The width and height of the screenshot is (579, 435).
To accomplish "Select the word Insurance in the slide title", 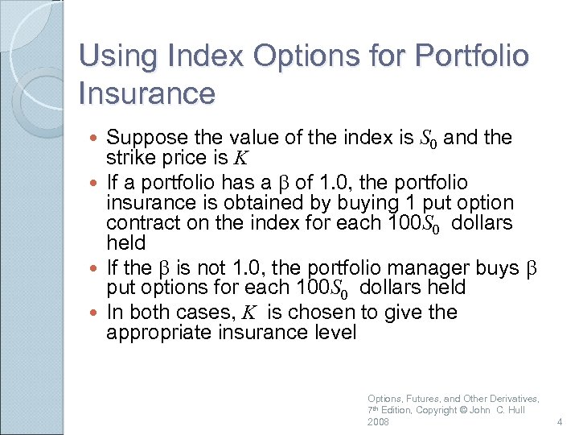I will (x=147, y=93).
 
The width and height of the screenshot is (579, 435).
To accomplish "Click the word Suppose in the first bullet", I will (x=145, y=138).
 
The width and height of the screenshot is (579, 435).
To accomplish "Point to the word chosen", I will (x=326, y=313).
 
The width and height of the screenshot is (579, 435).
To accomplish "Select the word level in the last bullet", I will (x=331, y=332).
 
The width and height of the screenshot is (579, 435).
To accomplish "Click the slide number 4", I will (x=561, y=422).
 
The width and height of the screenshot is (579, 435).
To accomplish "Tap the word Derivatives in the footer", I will (x=511, y=398).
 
